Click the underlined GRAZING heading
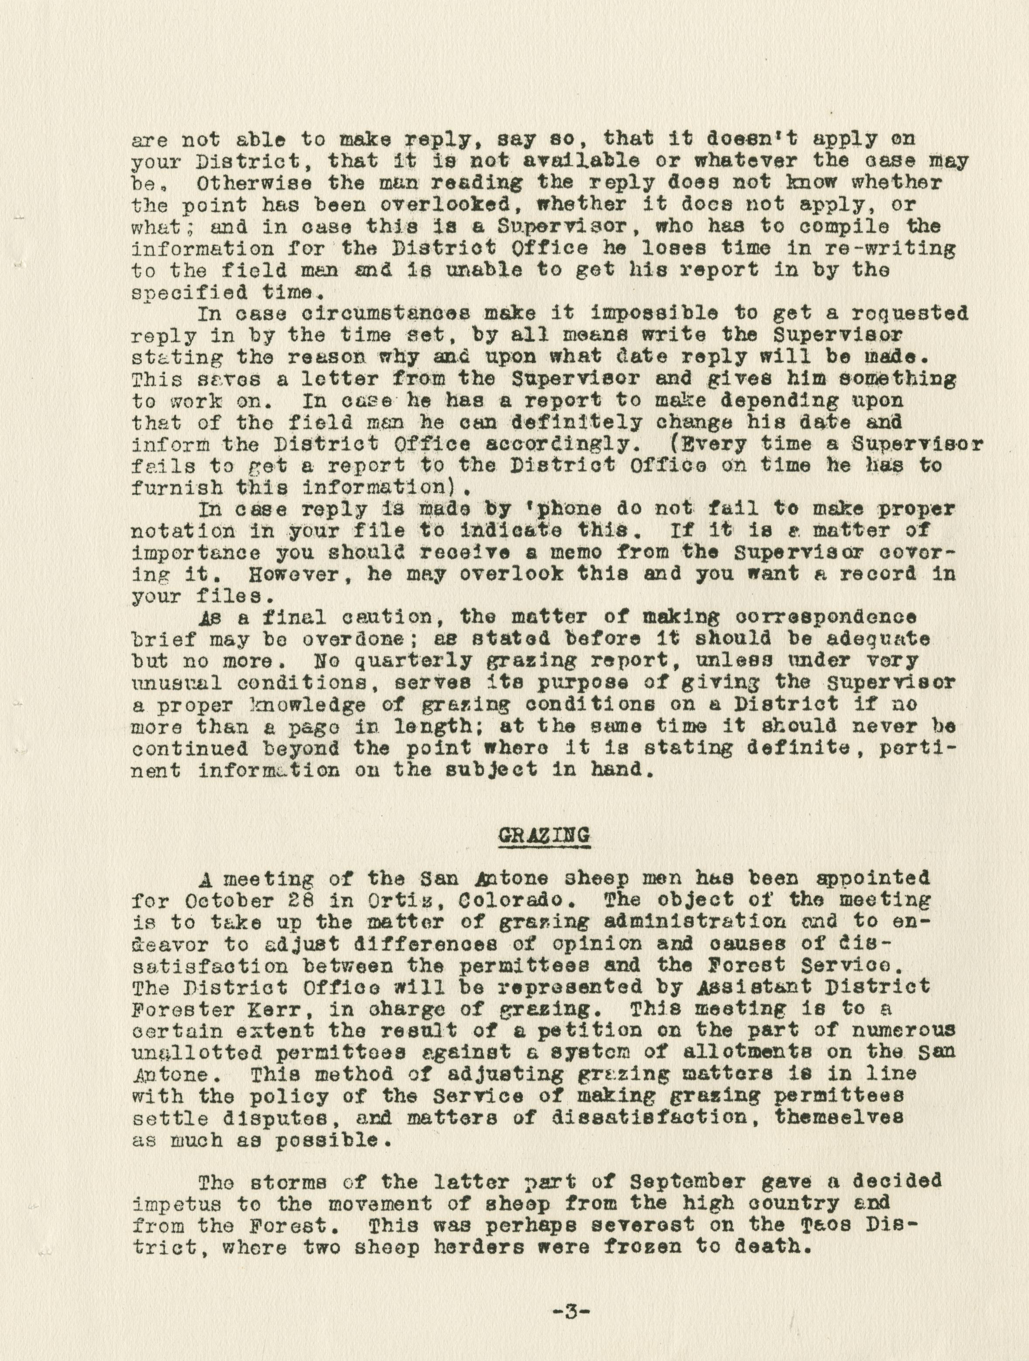coord(543,835)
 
